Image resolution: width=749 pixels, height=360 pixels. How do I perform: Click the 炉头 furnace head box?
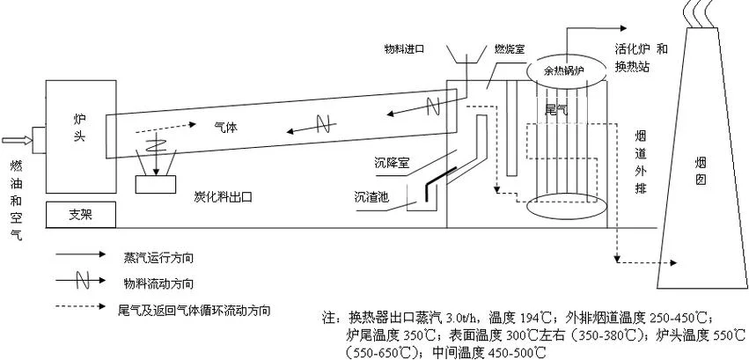coord(81,136)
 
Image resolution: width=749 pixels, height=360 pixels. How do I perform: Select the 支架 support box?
coord(81,215)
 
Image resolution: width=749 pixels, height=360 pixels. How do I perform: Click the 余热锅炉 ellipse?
coord(563,70)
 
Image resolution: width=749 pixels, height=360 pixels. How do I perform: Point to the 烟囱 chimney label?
coord(701,171)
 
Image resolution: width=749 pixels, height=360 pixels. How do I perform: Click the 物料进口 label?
coord(404,49)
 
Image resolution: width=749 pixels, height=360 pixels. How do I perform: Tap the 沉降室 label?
coord(392,164)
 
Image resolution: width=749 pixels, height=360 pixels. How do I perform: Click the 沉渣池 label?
coord(371,196)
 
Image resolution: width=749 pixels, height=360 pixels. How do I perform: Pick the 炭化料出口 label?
coord(223,196)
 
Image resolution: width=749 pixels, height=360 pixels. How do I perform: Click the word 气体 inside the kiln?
coord(226,128)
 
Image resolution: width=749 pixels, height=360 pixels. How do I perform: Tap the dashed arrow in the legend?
coord(80,306)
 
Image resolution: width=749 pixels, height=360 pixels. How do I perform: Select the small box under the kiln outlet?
coord(155,185)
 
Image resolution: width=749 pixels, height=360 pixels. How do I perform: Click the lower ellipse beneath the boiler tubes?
coord(567,207)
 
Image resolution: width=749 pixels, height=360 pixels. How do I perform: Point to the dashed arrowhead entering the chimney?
coord(673,262)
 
